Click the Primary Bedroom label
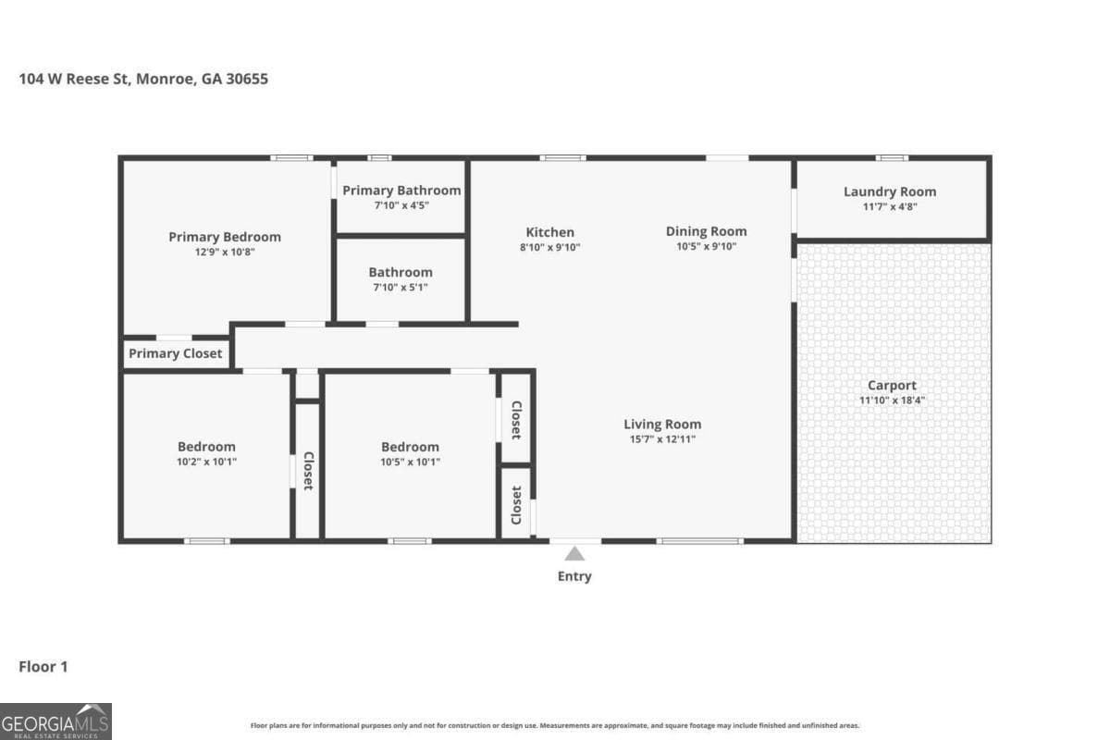click(x=224, y=237)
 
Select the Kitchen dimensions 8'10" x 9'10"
click(x=549, y=247)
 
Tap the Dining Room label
click(x=706, y=231)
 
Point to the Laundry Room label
click(x=889, y=191)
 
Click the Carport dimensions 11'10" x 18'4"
click(x=892, y=401)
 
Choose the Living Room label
click(x=661, y=425)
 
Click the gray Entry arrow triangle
click(x=574, y=553)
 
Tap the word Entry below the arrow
click(x=574, y=576)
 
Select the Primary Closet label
click(x=175, y=353)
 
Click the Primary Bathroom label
click(x=401, y=191)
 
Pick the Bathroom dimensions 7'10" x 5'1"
click(x=401, y=288)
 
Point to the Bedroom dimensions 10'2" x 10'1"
click(x=206, y=462)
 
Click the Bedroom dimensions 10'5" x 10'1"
click(x=410, y=462)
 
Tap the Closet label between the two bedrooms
click(x=308, y=471)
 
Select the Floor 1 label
click(x=43, y=666)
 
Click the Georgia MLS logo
click(x=55, y=721)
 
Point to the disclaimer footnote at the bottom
click(x=555, y=726)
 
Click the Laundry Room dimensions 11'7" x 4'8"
click(x=889, y=207)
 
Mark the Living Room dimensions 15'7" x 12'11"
click(x=661, y=439)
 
